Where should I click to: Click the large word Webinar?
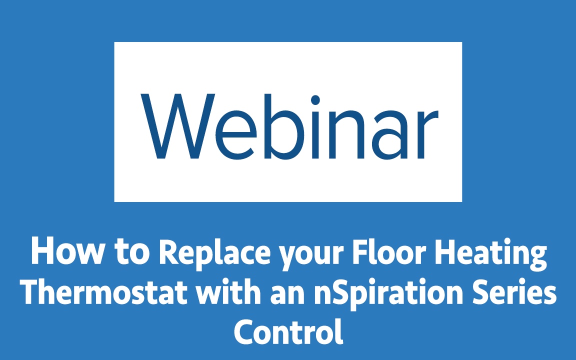289,126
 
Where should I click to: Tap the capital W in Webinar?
178,126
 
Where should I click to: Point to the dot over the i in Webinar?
315,100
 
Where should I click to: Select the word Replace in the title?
214,253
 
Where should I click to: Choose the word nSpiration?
388,294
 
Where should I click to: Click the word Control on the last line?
288,331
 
